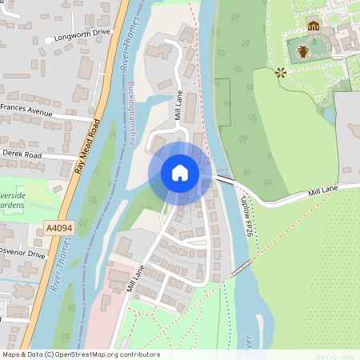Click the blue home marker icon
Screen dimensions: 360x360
click(180, 173)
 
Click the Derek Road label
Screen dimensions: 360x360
click(22, 152)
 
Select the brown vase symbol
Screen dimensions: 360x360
click(303, 53)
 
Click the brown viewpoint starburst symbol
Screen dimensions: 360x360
click(281, 73)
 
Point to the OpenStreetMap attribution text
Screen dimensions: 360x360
click(80, 354)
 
